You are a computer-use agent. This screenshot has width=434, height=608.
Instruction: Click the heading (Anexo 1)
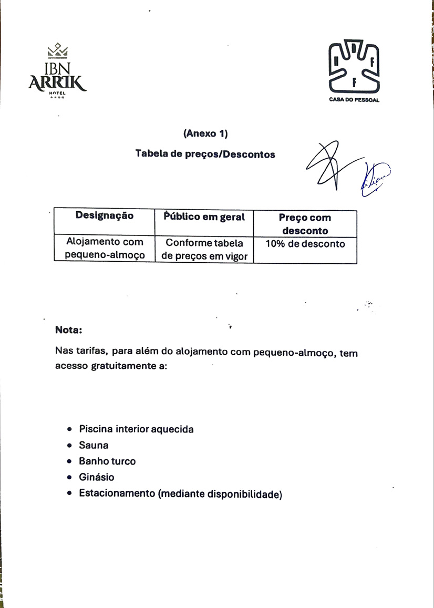[x=205, y=133]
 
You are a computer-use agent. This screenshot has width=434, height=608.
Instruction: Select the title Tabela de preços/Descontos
[x=205, y=154]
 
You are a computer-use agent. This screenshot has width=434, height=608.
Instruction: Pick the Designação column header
[x=104, y=216]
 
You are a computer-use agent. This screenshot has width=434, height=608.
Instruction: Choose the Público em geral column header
[x=204, y=217]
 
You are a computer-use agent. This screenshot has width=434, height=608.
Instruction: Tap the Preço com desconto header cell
[x=305, y=224]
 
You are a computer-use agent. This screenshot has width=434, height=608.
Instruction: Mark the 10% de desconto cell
[x=305, y=244]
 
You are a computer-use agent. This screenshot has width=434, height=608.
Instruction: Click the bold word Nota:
[x=68, y=331]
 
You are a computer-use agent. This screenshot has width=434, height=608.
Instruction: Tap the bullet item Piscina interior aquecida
[x=136, y=429]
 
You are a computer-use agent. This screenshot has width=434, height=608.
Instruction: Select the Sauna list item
[x=94, y=445]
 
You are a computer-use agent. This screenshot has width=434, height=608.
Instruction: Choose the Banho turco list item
[x=107, y=461]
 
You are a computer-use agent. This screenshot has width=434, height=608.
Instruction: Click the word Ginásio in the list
[x=96, y=477]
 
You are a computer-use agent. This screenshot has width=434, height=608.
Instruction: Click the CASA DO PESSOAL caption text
[x=354, y=100]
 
